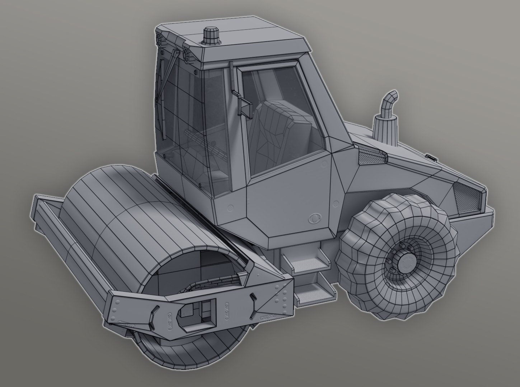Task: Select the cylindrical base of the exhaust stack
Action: coord(385,129)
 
